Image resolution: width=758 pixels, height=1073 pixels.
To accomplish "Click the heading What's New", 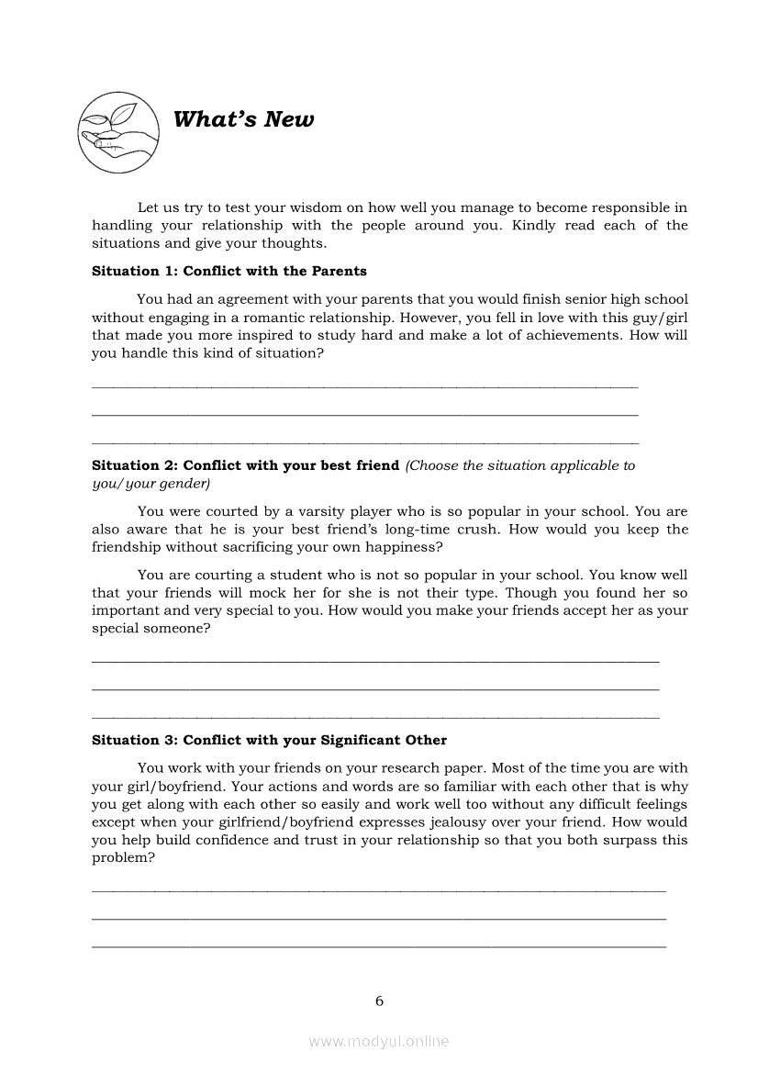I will pos(243,120).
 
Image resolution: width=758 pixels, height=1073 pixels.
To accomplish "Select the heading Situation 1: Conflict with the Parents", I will pos(229,272).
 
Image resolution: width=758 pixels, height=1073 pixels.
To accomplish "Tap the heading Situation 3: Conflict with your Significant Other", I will pos(269,741).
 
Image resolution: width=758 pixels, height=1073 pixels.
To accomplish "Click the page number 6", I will pos(379,1000).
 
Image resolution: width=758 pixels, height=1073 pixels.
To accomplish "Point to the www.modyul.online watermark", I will pos(379,1041).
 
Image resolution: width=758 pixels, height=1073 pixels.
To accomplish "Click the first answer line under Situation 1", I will pos(365,387).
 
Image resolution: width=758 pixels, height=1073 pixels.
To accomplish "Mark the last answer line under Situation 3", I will pos(379,945).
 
